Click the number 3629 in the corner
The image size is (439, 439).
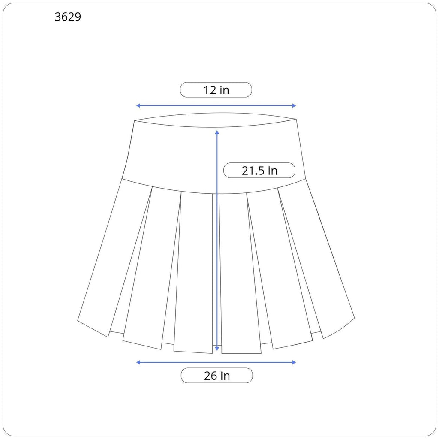[68, 17]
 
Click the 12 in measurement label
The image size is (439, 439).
[216, 90]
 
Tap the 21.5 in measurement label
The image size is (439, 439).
[259, 170]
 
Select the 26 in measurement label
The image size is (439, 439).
[216, 376]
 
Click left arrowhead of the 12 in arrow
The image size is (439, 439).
[138, 105]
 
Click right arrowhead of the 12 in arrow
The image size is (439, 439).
[294, 105]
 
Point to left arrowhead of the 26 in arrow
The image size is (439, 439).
[138, 362]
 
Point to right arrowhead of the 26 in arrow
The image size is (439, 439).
[294, 362]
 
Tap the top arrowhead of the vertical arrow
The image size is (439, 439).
[217, 132]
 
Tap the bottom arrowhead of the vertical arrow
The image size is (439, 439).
[217, 349]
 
